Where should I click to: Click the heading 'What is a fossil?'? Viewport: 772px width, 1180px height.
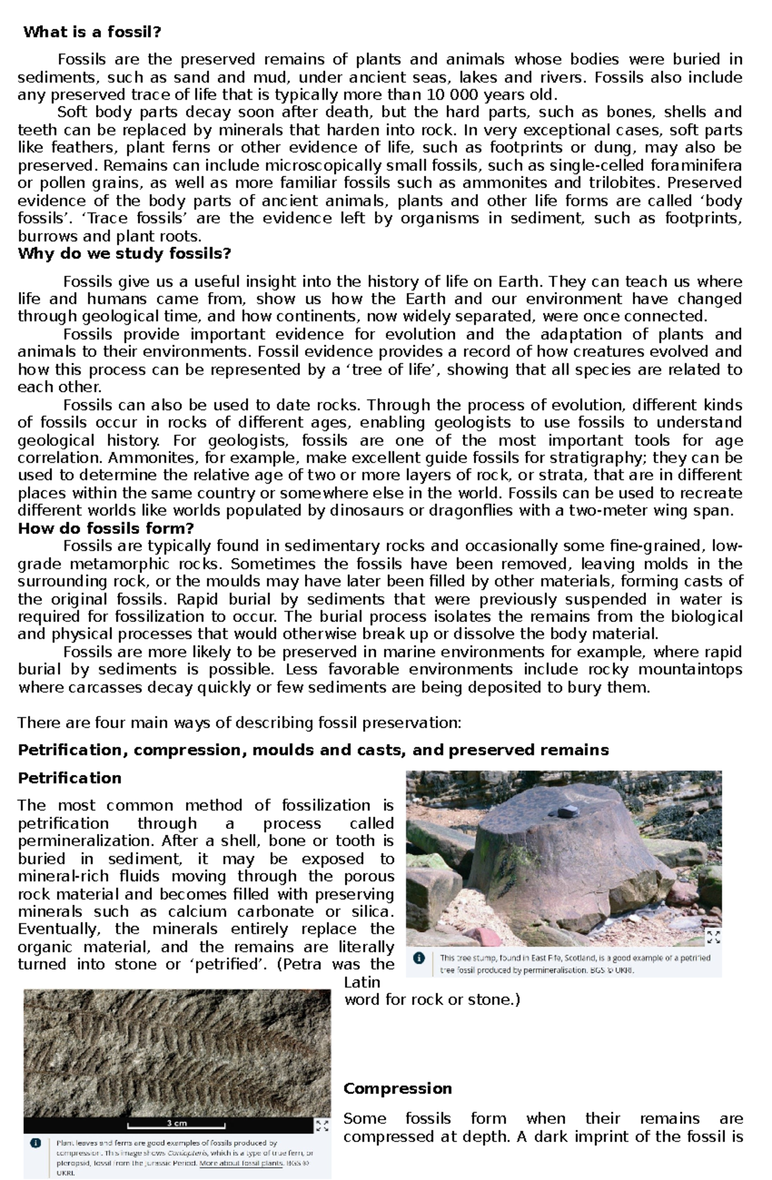coord(92,32)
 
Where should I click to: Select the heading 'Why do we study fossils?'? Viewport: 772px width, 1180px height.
coord(124,253)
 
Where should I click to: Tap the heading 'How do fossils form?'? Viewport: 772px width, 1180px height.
coord(106,529)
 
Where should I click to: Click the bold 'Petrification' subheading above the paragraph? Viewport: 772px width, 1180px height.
coord(69,778)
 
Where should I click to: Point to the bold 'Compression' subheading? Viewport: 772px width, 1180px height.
coord(397,1088)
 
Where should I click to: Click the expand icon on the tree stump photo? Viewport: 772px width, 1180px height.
coord(713,937)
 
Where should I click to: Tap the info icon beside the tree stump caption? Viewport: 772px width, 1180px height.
coord(419,958)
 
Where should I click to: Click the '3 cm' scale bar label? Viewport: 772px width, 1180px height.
coord(176,1123)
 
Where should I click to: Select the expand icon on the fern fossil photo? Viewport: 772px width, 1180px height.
coord(322,1125)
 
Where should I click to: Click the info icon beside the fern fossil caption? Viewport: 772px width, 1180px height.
coord(35,1143)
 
